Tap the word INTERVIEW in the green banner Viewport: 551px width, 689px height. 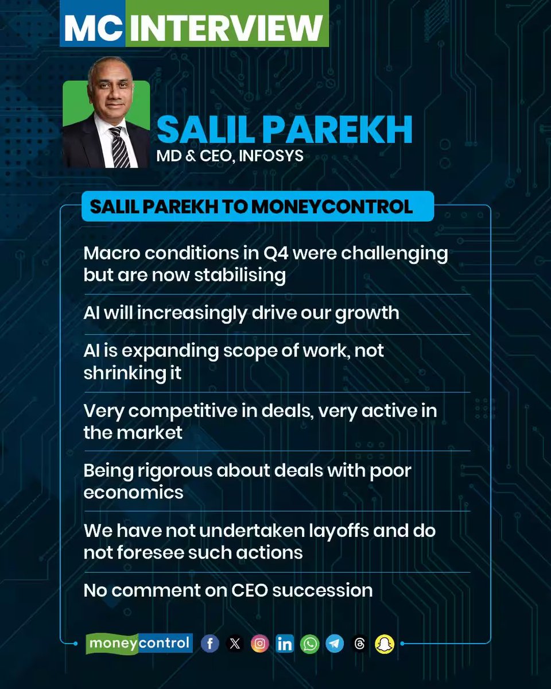coord(227,27)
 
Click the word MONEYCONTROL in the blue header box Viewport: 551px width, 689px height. coord(331,207)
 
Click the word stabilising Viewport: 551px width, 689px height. coord(240,275)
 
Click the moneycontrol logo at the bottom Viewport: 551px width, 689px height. coord(139,643)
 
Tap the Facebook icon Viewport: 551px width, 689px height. coord(209,644)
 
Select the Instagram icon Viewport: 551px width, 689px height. coord(259,644)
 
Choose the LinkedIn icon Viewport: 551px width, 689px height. coord(285,644)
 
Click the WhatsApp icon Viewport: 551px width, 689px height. coord(310,644)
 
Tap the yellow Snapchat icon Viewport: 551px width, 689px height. coord(385,644)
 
